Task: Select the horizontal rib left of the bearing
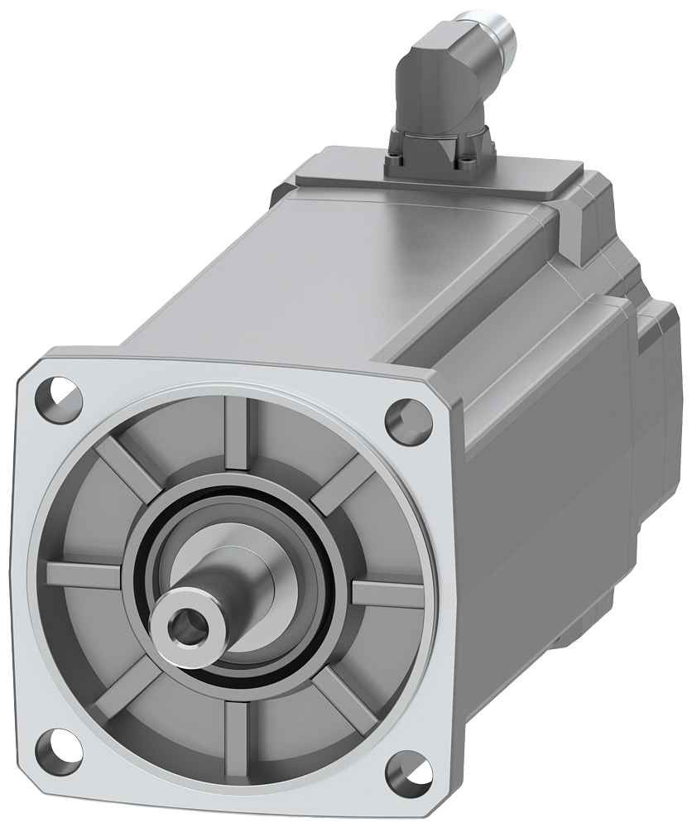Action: pos(83,574)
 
